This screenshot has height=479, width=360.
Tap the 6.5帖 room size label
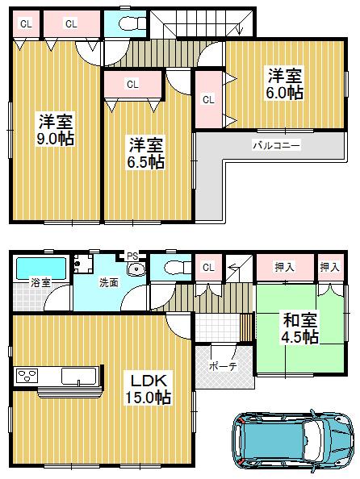tap(146, 162)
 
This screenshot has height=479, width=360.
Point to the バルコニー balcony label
tap(276, 145)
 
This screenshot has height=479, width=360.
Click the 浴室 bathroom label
tap(41, 283)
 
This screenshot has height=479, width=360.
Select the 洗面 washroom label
tap(109, 283)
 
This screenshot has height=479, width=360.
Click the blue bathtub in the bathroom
tap(40, 265)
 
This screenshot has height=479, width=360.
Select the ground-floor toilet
tap(172, 269)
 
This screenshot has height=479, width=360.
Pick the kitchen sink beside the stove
tap(78, 376)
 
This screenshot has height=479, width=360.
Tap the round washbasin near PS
tap(136, 270)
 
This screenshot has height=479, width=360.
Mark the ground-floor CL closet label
tap(208, 267)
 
